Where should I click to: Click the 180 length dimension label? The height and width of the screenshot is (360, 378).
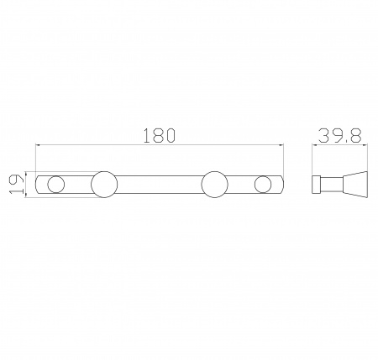pyautogui.click(x=160, y=135)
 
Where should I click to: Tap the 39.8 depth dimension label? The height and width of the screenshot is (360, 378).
pyautogui.click(x=339, y=136)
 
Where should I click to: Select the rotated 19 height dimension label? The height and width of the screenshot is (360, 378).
pyautogui.click(x=16, y=184)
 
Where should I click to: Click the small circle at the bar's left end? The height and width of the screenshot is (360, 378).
pyautogui.click(x=56, y=185)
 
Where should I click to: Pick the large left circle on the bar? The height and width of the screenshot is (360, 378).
pyautogui.click(x=104, y=185)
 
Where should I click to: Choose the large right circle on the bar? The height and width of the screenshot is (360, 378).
pyautogui.click(x=214, y=185)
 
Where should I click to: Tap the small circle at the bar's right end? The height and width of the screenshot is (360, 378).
pyautogui.click(x=263, y=185)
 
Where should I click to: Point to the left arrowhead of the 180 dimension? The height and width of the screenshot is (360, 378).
pyautogui.click(x=39, y=145)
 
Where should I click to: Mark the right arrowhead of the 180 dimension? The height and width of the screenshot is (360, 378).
pyautogui.click(x=281, y=145)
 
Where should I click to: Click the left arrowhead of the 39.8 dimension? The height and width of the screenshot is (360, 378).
pyautogui.click(x=315, y=145)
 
